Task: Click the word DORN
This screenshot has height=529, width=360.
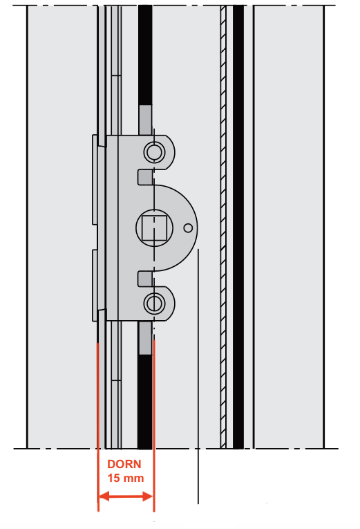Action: click(124, 464)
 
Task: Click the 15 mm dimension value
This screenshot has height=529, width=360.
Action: click(125, 478)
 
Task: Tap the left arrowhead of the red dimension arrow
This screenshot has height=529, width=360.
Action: click(104, 496)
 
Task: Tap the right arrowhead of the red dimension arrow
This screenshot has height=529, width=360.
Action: click(148, 496)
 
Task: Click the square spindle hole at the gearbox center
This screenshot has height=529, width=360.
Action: click(154, 228)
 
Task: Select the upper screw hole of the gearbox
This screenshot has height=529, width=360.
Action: click(154, 152)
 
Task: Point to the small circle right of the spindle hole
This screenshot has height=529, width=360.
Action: click(188, 228)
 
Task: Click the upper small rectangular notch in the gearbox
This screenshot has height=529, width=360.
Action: click(145, 178)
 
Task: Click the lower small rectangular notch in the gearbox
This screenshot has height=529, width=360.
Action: click(145, 279)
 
